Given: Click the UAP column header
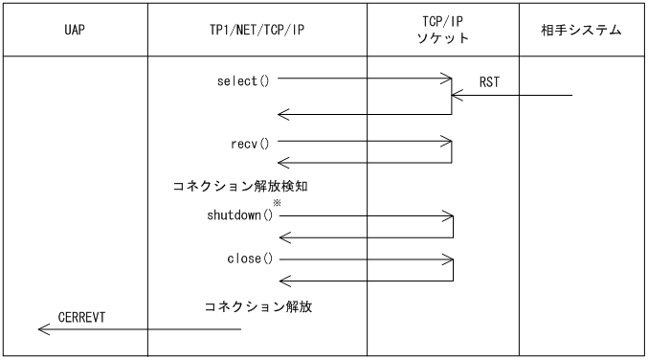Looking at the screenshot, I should coord(74,31).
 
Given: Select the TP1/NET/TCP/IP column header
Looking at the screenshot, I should coord(257,31).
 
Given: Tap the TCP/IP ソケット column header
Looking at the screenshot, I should coord(443,31).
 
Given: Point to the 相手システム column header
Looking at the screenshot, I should coord(582,31).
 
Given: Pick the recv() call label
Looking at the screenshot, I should coord(250,144).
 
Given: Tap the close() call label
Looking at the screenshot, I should coord(248,259).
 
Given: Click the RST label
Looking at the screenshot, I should coord(489,83).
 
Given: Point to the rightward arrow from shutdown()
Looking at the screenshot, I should coord(364,215).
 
